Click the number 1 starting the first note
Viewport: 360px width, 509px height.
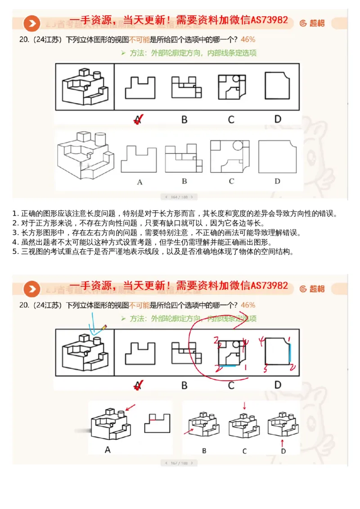click(15, 213)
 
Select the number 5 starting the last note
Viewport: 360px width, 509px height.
click(15, 251)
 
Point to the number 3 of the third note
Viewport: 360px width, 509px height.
click(15, 232)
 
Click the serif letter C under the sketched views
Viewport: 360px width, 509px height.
click(231, 181)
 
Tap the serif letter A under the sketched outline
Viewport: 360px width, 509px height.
click(139, 182)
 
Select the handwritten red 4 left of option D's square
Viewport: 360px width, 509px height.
click(260, 341)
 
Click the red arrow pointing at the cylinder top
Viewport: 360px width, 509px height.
click(130, 408)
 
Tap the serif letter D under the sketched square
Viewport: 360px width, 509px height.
click(277, 181)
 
